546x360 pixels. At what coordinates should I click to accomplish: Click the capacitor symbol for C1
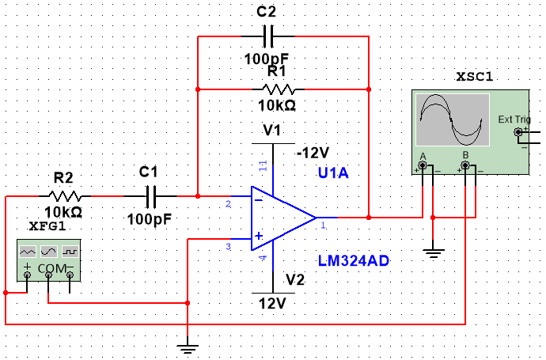pos(149,195)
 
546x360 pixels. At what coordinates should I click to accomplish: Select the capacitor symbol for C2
pos(267,36)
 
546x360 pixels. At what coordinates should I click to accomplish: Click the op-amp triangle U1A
pos(282,216)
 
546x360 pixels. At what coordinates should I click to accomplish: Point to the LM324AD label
pos(354,261)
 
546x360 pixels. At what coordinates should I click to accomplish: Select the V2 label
pos(295,280)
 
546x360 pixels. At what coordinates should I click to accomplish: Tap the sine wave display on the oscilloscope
pos(452,118)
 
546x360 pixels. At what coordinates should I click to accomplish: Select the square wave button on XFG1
pos(70,250)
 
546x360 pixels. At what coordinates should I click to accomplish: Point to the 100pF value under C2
pos(266,59)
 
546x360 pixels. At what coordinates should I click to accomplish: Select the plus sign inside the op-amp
pos(258,236)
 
